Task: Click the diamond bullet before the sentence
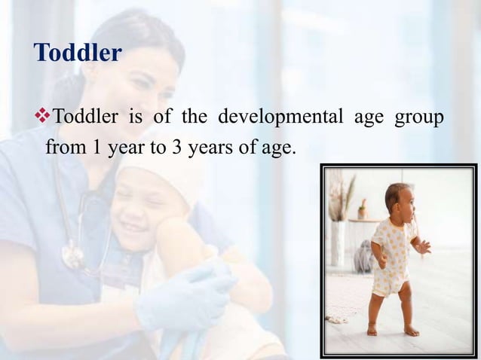(x=42, y=117)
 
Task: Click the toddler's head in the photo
(x=398, y=200)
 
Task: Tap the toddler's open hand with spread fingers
(x=424, y=246)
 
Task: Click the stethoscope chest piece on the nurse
(x=74, y=256)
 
